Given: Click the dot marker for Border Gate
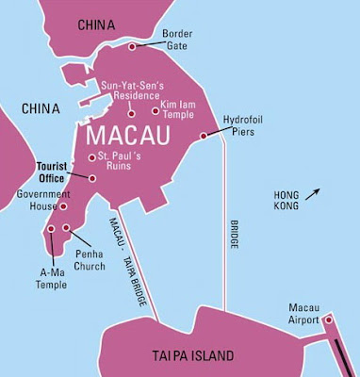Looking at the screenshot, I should tap(132, 45).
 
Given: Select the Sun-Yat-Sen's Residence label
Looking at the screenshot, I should tap(138, 90).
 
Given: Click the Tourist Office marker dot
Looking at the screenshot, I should tap(92, 177).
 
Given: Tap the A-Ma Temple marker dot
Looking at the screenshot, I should tap(47, 227).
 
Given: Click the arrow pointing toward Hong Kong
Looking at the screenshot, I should tap(319, 193).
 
